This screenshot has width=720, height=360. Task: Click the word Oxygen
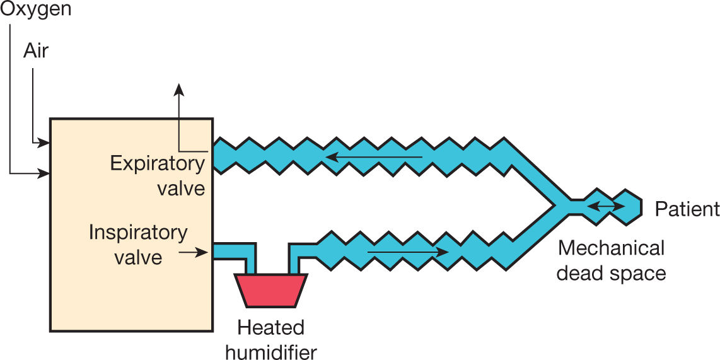[x=35, y=9]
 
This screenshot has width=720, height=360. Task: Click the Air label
[x=36, y=50]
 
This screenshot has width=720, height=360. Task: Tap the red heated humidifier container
[x=270, y=289]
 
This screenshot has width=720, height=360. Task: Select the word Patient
[x=687, y=209]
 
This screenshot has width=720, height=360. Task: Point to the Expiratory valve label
[x=158, y=175]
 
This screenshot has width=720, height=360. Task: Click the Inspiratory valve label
[x=138, y=244]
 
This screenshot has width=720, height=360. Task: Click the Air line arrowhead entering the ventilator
[x=45, y=142]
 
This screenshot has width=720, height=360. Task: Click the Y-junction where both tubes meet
[x=555, y=204]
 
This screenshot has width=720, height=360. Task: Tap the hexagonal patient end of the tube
[x=628, y=206]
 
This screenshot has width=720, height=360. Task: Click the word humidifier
[x=270, y=350]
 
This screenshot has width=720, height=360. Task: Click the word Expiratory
[x=158, y=163]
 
